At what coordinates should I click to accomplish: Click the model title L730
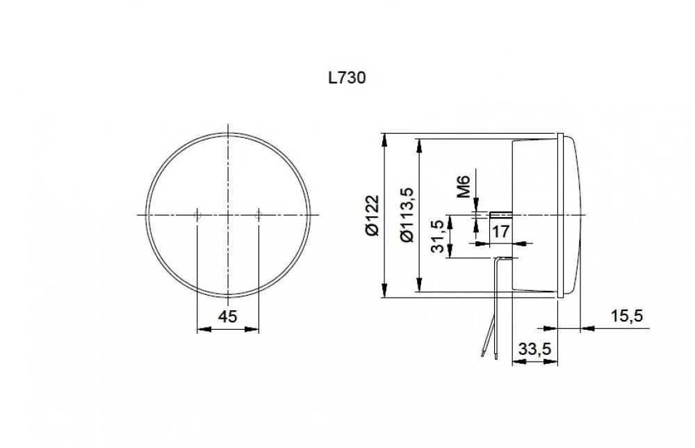pos(347,78)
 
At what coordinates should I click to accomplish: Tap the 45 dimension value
pos(228,317)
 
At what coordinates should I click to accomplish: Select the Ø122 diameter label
pos(373,216)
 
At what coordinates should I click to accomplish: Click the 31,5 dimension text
pos(439,237)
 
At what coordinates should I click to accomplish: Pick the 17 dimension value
pos(501,231)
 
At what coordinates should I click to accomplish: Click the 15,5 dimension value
pos(627,317)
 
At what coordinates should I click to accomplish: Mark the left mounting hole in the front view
pos(197,216)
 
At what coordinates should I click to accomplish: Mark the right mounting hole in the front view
pos(259,216)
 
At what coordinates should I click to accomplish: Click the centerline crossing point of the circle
pos(228,216)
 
